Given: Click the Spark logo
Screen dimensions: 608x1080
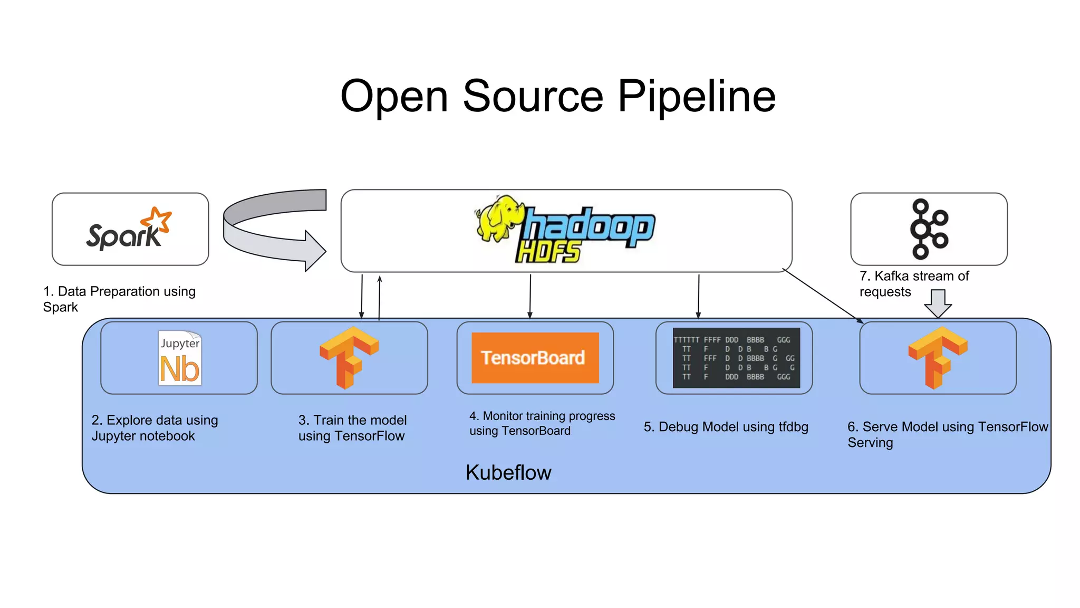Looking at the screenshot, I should pos(129,230).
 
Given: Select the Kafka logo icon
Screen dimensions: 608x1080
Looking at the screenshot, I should pos(928,229).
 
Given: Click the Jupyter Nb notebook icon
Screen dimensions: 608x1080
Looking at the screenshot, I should pos(180,358).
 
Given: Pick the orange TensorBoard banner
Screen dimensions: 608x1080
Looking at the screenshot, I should pos(535,358).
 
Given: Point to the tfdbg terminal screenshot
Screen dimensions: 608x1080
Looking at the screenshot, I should pos(736,358).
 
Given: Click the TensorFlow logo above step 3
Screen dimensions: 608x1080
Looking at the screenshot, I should pos(349,357).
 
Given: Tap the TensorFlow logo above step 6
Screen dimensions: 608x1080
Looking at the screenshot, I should pos(937,357).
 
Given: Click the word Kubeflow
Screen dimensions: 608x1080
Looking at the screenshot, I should pos(508,472).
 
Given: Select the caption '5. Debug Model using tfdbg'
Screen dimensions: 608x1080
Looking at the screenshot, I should pos(726,427).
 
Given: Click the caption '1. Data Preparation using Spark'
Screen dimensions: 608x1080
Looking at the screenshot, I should pos(119,299).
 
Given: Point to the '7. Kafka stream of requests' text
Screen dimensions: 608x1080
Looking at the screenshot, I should pos(914,284).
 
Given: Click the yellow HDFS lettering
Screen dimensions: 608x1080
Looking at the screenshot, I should pos(548,252).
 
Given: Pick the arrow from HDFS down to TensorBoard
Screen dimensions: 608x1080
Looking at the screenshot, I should pos(530,296).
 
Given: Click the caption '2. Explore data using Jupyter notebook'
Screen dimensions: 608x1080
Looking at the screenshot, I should pos(155,428).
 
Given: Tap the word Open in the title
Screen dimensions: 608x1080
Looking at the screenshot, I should pos(394,96).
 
